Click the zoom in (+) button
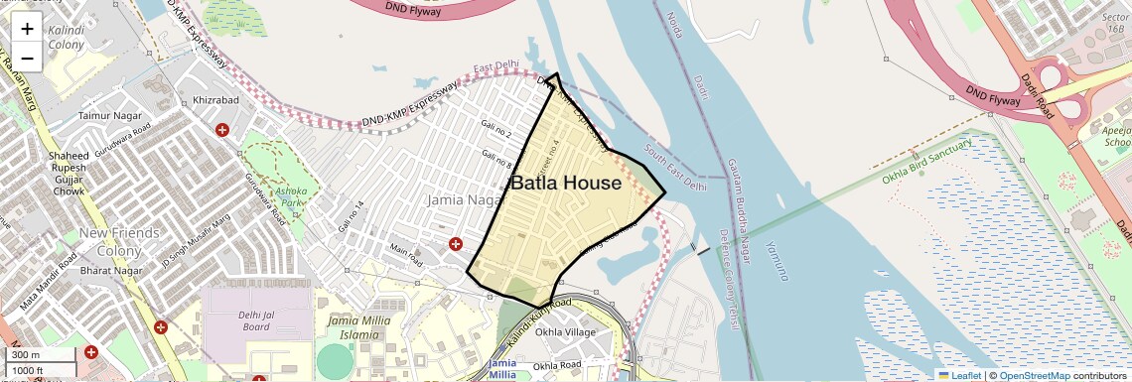coord(27,30)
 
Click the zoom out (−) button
coord(27,58)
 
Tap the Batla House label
coord(566,184)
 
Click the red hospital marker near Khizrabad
coord(222,130)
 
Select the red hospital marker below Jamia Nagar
coord(456,244)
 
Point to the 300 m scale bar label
coord(27,354)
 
